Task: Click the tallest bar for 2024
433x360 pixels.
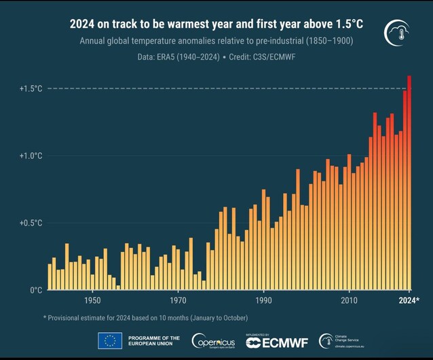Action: pos(409,183)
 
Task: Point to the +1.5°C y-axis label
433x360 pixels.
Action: pos(31,88)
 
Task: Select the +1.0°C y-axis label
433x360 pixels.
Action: pos(31,156)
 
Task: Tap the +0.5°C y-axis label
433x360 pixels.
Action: pos(31,223)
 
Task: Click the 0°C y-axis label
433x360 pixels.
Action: pos(35,290)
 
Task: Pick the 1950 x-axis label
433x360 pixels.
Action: pos(93,300)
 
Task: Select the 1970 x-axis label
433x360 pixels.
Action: pos(178,300)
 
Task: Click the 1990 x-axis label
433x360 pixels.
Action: pos(264,300)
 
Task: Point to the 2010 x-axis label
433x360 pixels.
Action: pos(349,300)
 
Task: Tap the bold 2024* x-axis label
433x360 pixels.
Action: pos(409,300)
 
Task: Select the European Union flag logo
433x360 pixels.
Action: pos(110,341)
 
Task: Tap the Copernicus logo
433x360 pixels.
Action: pos(213,341)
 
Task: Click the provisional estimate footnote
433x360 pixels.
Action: pos(145,318)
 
